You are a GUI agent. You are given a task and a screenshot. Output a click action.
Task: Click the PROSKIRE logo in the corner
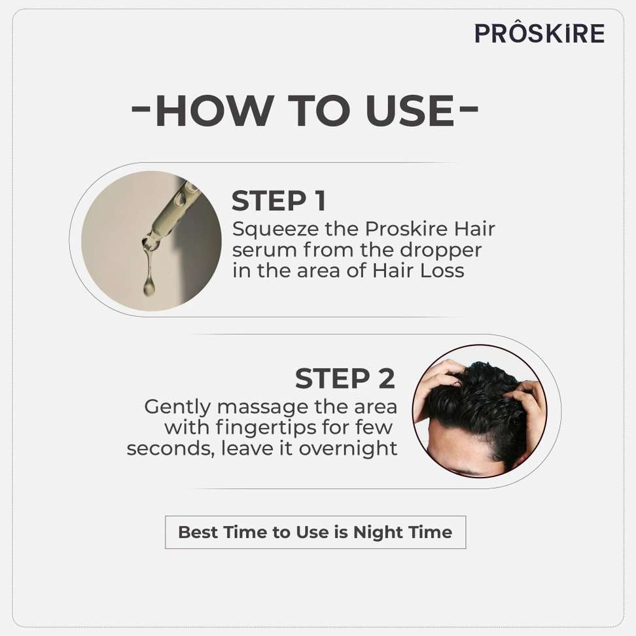click(x=539, y=33)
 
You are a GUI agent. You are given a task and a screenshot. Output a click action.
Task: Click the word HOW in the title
click(x=214, y=111)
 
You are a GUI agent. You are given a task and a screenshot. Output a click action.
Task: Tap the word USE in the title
click(x=410, y=111)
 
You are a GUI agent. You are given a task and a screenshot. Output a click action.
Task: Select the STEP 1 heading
click(x=279, y=200)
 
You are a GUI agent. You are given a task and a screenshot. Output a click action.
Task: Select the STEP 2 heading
click(x=345, y=378)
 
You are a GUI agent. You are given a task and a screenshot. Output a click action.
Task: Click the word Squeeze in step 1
click(x=275, y=230)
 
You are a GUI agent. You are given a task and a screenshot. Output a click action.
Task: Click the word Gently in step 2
click(x=177, y=408)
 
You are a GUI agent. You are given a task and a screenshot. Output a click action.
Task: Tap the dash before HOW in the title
click(x=141, y=109)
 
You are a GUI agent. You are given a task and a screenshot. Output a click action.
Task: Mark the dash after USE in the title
click(x=469, y=109)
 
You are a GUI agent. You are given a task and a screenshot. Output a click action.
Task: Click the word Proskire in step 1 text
click(x=406, y=229)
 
